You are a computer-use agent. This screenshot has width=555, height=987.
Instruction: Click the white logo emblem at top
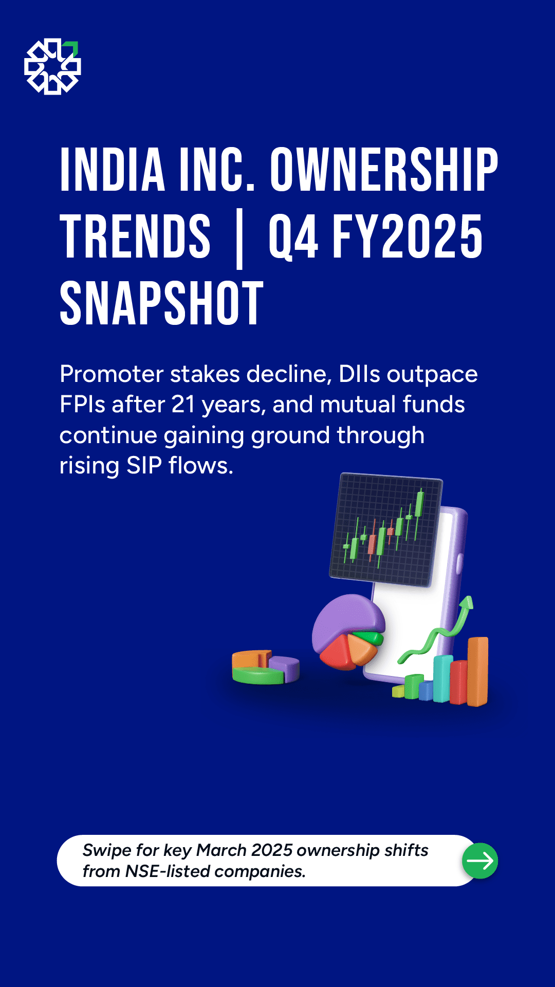click(x=52, y=66)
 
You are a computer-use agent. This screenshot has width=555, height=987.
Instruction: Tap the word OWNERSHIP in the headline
click(x=384, y=170)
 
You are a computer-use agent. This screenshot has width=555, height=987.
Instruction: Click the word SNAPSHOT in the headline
click(x=161, y=303)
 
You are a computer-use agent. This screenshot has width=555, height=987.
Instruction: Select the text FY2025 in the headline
click(x=408, y=236)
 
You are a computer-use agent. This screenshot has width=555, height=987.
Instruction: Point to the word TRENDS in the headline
click(x=135, y=236)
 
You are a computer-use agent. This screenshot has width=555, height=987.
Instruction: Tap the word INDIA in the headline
click(x=113, y=170)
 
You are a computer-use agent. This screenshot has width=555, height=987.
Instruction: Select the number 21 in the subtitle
click(x=183, y=405)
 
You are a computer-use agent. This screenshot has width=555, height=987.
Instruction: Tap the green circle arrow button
click(x=480, y=861)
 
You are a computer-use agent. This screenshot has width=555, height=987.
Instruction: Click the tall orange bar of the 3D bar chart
click(x=477, y=671)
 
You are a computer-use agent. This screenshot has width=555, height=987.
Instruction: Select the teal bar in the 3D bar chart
click(x=442, y=679)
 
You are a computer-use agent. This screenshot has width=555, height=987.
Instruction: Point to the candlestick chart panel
click(x=386, y=530)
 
